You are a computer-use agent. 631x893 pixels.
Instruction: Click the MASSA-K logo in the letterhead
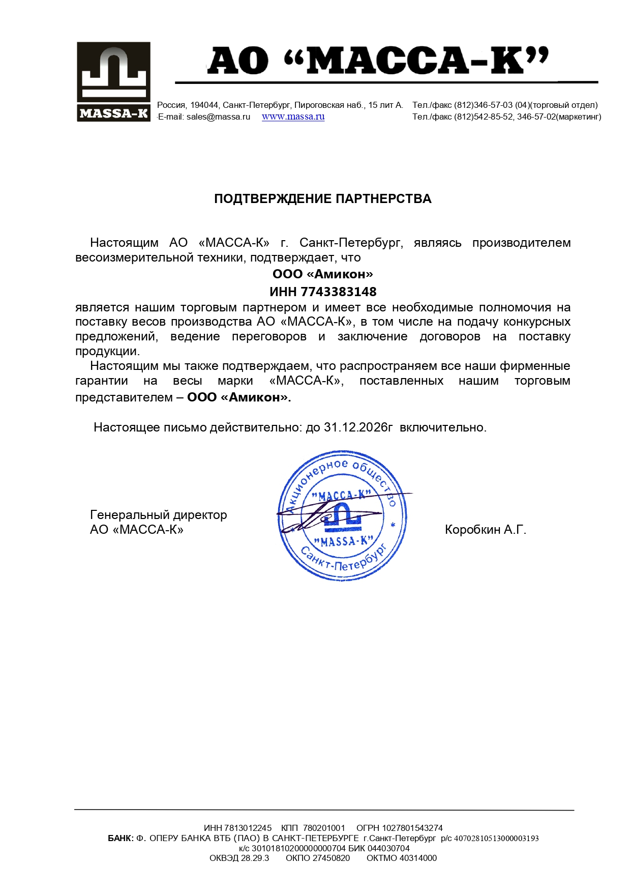(113, 81)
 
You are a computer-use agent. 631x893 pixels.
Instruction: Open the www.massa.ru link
(293, 117)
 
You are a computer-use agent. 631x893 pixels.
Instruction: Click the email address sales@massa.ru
(218, 117)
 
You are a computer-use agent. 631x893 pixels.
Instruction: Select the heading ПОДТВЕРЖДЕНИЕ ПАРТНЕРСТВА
(322, 198)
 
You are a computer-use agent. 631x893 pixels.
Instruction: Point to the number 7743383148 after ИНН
(339, 292)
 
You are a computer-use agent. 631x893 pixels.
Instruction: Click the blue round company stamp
(343, 515)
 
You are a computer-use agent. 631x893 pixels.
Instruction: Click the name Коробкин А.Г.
(485, 530)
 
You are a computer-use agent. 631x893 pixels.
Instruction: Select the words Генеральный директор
(158, 515)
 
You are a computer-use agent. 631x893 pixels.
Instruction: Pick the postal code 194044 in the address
(204, 105)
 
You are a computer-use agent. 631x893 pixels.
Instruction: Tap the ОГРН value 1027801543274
(412, 828)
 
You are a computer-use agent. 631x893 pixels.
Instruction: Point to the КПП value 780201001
(324, 828)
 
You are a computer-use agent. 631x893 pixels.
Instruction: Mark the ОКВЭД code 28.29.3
(255, 858)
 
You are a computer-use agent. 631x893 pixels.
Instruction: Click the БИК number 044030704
(388, 848)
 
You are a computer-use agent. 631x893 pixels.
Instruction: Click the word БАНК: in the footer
(121, 838)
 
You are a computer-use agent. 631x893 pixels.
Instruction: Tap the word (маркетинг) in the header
(579, 117)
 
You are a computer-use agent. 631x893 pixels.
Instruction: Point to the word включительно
(443, 427)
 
